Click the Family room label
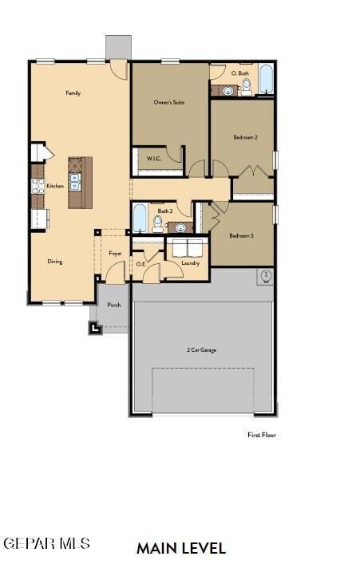[73, 93]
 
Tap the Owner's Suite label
[169, 102]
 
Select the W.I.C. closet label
[154, 158]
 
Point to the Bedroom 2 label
[245, 137]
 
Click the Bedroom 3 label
[241, 235]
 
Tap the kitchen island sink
[75, 183]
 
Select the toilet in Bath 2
[180, 227]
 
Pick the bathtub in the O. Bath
[266, 81]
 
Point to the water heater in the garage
[266, 277]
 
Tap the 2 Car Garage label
[201, 350]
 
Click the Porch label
[114, 305]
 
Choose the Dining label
[55, 261]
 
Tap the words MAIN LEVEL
[181, 548]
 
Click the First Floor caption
[262, 435]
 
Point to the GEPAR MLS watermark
[46, 543]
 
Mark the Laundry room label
[190, 262]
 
